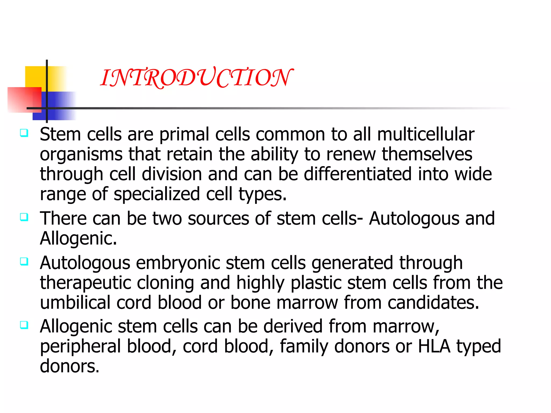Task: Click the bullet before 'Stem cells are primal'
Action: click(24, 133)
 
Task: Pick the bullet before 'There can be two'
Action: click(24, 217)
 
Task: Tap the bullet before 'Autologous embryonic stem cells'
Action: click(24, 261)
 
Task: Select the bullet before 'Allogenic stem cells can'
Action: click(24, 325)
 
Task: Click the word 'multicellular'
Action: click(426, 134)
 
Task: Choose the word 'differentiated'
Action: click(358, 174)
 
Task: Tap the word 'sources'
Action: click(218, 218)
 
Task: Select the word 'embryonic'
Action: click(178, 263)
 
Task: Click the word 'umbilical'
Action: click(75, 302)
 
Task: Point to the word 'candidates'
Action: click(433, 302)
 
